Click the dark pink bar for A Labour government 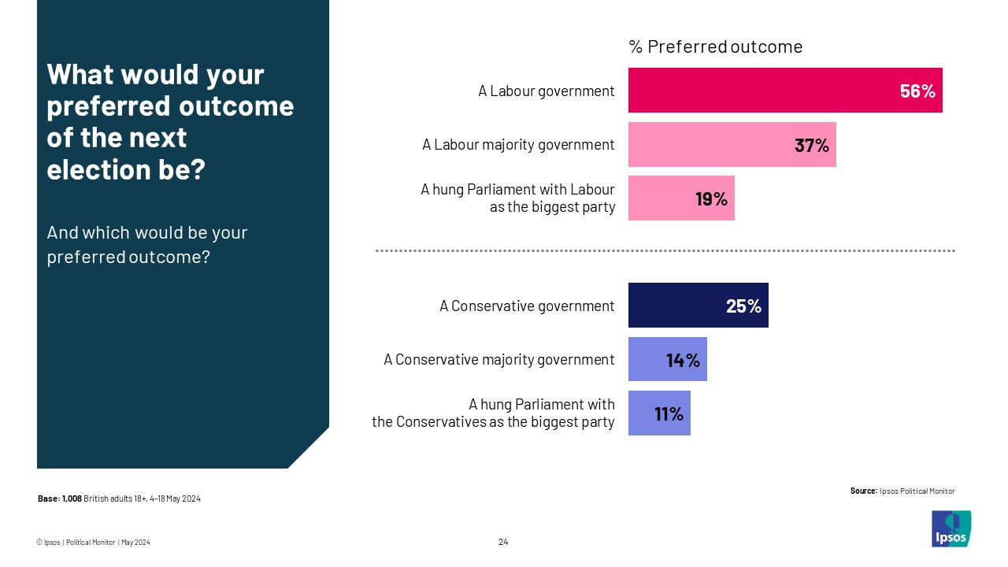(784, 90)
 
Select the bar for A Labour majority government (732, 144)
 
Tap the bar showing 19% (680, 198)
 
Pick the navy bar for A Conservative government (698, 305)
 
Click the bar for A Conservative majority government (667, 359)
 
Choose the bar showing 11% (659, 413)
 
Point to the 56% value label (917, 91)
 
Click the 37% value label (811, 145)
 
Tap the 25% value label (743, 306)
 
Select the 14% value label (683, 360)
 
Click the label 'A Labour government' (546, 91)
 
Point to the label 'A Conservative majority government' (498, 360)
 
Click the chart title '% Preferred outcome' (715, 47)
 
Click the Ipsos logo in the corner (951, 528)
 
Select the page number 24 (503, 542)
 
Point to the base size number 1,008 (72, 498)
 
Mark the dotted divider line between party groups (665, 251)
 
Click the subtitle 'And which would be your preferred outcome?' (147, 245)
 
